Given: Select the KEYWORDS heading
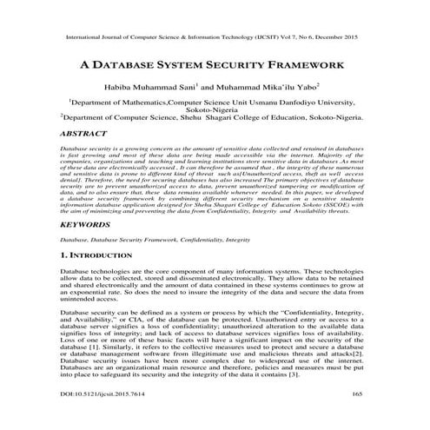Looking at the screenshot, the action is pyautogui.click(x=85, y=224).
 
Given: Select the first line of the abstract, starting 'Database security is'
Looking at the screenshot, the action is pyautogui.click(x=214, y=149).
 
